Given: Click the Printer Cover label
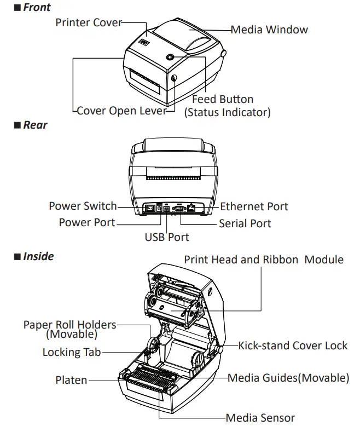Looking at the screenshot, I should (x=89, y=22).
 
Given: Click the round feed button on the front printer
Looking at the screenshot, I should (x=170, y=57).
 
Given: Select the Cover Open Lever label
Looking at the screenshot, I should (x=121, y=111).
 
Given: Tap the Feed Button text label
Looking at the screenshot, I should (x=223, y=99).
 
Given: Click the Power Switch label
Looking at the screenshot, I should (x=83, y=206).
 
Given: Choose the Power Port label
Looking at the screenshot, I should (x=87, y=222).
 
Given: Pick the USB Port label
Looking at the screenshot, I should (x=167, y=237).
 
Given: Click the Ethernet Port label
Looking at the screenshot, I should (x=254, y=206).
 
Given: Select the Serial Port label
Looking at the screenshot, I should (x=245, y=223).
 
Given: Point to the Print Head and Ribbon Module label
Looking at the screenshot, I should (x=264, y=260).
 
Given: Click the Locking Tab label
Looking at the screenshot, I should (x=72, y=352).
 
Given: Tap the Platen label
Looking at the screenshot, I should (x=71, y=379).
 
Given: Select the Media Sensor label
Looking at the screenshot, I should (x=260, y=418).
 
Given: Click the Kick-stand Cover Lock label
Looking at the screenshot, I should (x=293, y=346).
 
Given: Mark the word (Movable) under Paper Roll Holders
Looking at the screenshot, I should (x=72, y=333).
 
